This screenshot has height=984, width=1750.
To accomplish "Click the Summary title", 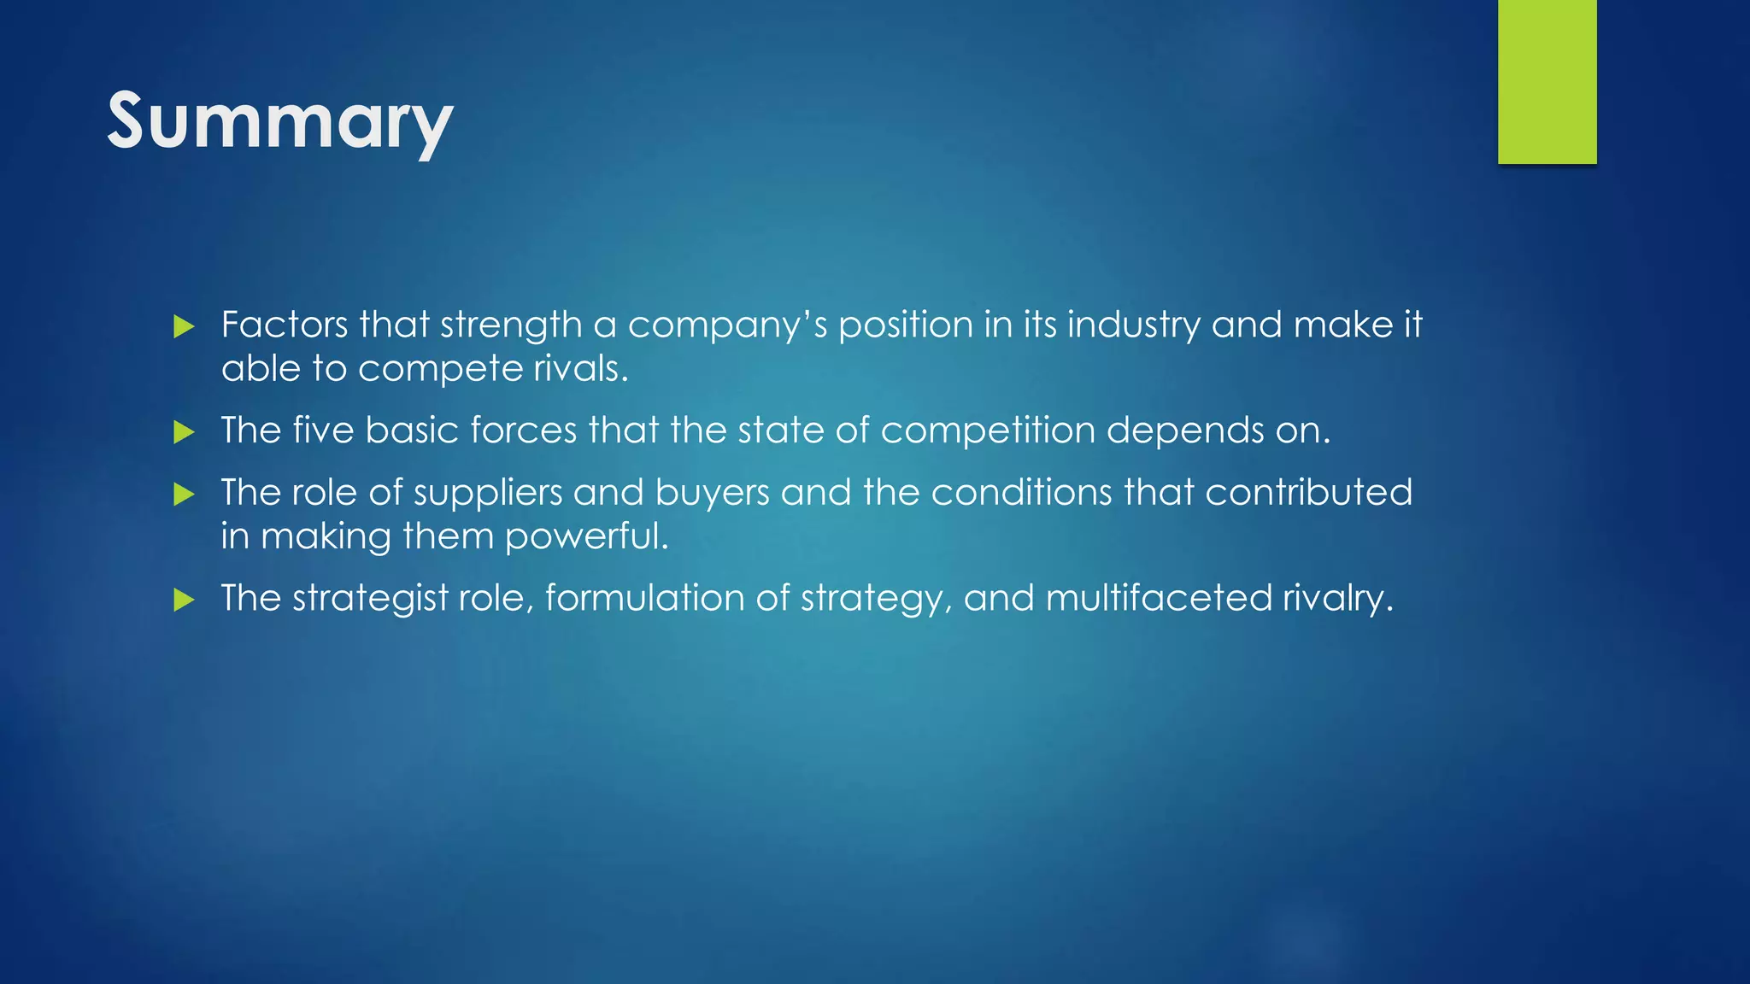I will [x=279, y=121].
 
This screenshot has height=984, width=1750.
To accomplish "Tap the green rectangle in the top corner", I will [x=1547, y=81].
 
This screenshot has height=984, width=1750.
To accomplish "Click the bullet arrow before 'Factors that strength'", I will [x=184, y=326].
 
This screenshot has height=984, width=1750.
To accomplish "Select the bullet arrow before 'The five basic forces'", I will [x=184, y=431].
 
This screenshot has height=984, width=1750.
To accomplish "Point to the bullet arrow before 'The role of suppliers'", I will [x=184, y=494].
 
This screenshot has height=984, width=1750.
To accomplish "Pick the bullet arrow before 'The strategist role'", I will [x=184, y=600].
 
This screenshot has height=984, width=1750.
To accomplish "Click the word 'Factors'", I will [x=285, y=325].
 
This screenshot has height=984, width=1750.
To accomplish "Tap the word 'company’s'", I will [x=727, y=325].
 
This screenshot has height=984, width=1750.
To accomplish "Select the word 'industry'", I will [x=1133, y=325].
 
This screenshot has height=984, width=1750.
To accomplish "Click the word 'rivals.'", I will [x=581, y=369].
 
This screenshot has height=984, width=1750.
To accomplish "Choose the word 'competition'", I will [x=988, y=430].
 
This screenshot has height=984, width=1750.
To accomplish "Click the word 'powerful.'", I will [x=586, y=536].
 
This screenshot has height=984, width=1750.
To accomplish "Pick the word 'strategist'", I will [x=370, y=598].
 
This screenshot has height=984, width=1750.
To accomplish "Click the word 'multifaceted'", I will [x=1159, y=598].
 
